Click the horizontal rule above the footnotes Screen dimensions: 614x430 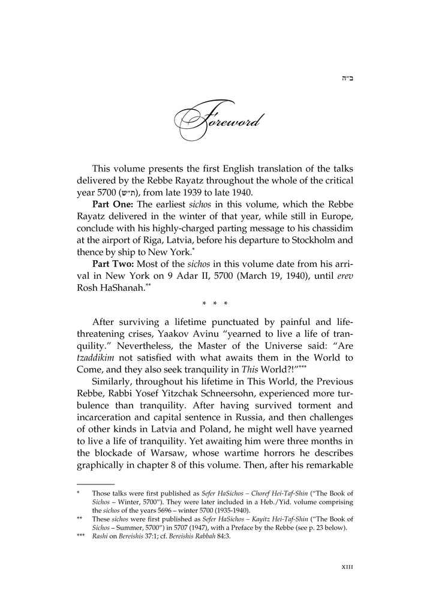[x=95, y=483]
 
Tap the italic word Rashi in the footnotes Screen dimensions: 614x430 [x=99, y=537]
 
